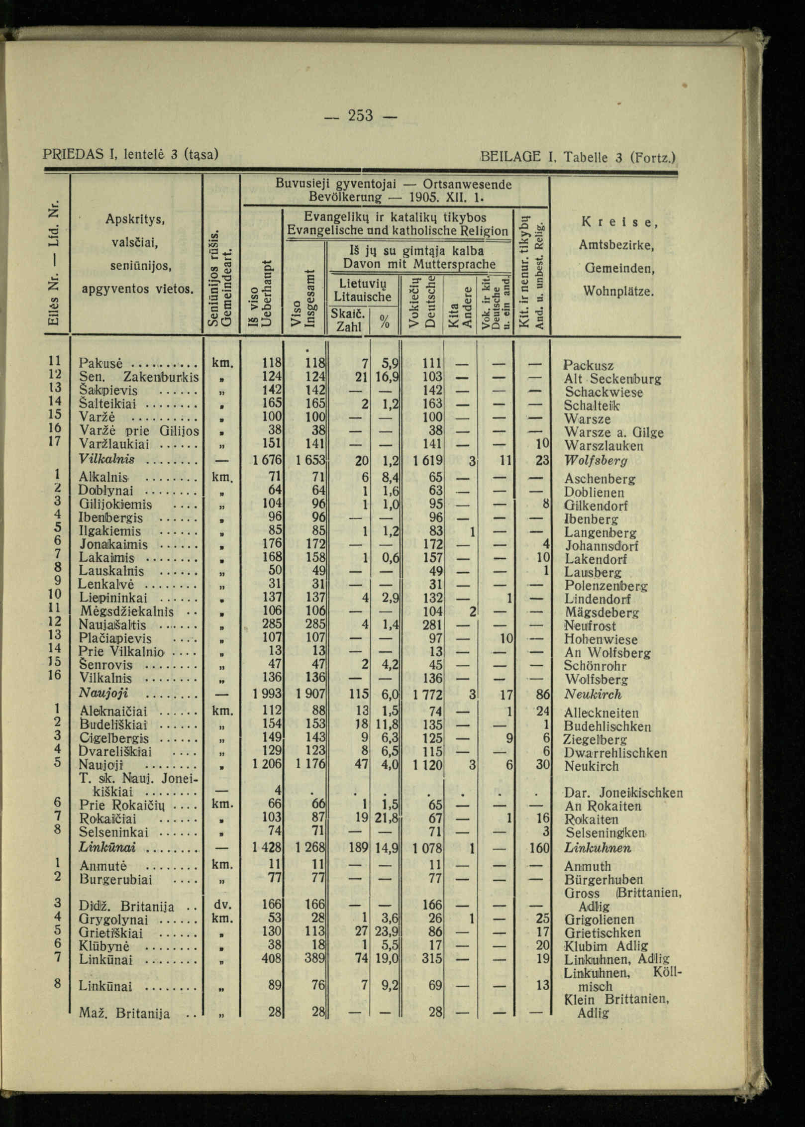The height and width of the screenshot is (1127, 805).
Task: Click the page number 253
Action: tap(360, 115)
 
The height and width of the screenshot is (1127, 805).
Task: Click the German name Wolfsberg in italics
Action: tap(596, 460)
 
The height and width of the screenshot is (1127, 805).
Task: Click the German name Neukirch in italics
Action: tap(593, 695)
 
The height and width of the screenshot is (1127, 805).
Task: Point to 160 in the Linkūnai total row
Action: tap(539, 847)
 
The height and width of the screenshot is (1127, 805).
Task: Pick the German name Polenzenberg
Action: tap(606, 586)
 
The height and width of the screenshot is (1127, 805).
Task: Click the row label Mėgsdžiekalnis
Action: tap(126, 612)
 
